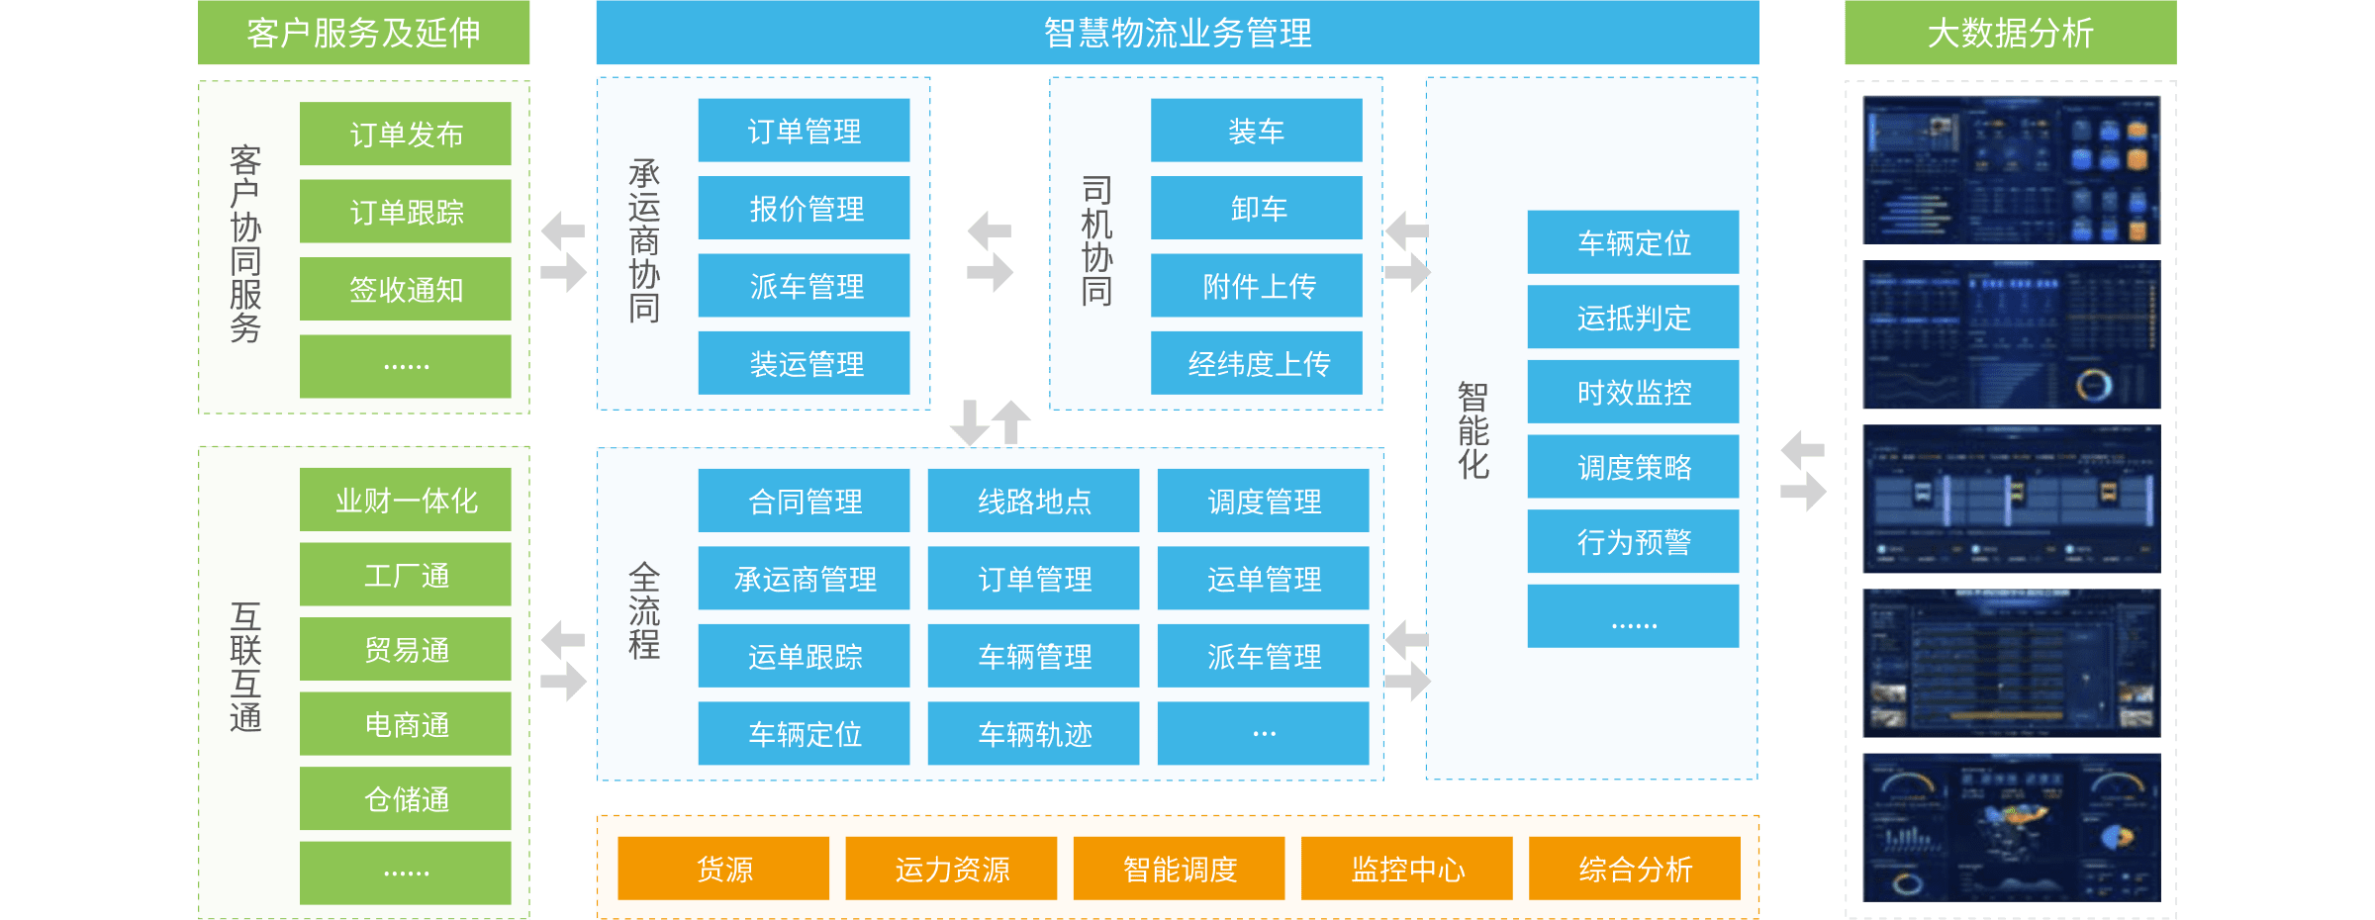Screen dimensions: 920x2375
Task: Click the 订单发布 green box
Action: point(406,134)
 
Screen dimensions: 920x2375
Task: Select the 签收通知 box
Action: point(406,289)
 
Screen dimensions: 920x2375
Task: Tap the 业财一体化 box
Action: point(406,500)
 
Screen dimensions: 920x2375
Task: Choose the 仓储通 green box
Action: point(406,798)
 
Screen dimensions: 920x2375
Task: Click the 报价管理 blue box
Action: point(804,208)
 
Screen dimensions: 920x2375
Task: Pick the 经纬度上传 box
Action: point(1257,363)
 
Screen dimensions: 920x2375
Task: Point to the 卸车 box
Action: point(1257,208)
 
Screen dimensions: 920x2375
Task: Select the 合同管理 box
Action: point(804,501)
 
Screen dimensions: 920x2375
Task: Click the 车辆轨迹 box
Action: point(1033,733)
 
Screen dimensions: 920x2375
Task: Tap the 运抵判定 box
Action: point(1633,317)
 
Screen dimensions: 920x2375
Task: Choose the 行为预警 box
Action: point(1633,541)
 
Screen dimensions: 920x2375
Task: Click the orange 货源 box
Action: point(723,869)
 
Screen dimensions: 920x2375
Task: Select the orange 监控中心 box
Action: point(1406,869)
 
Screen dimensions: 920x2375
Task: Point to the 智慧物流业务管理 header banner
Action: point(1177,33)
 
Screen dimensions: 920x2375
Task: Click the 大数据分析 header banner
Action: point(2010,33)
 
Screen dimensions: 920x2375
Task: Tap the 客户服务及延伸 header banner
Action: point(363,33)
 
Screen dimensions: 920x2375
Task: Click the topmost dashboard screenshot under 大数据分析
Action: point(2011,170)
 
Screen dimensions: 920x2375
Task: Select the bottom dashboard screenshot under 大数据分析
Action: point(2011,827)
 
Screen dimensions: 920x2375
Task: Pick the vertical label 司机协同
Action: point(1096,241)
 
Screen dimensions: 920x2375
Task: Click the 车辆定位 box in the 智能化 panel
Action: point(1633,242)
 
